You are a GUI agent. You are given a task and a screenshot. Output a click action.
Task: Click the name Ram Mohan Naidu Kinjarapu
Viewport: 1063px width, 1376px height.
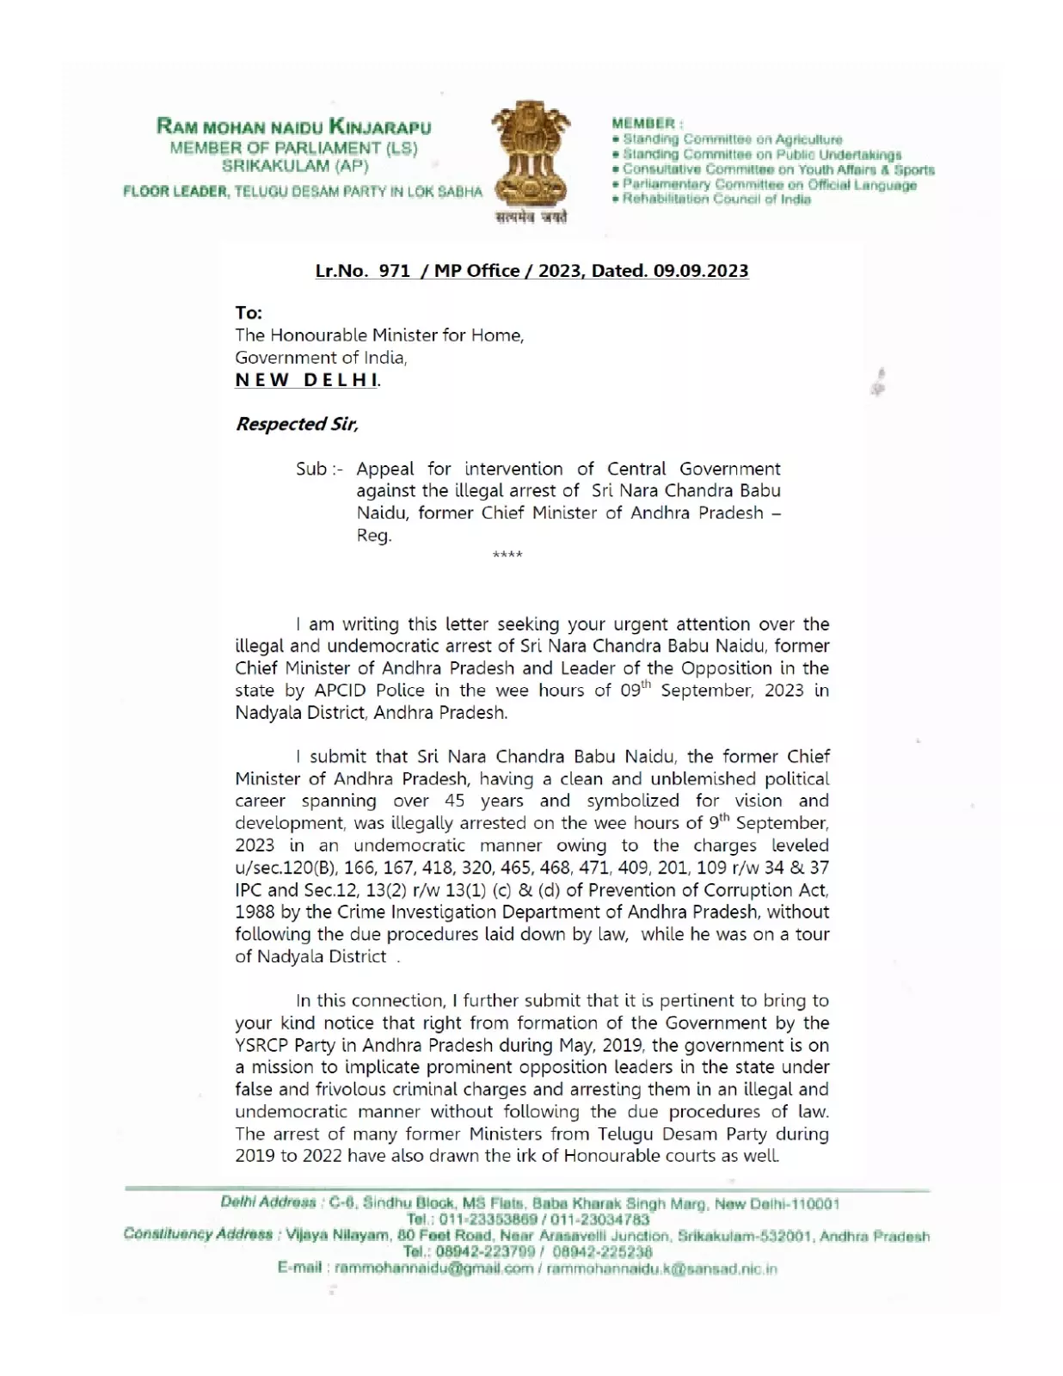293,126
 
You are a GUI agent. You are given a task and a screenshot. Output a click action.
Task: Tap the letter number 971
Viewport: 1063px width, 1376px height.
394,271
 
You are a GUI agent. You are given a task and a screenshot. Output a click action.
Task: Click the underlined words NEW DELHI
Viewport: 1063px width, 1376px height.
307,380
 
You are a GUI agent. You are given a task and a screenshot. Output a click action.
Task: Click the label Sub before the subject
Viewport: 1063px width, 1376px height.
311,469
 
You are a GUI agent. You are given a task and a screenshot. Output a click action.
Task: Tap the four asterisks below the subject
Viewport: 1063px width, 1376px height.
507,556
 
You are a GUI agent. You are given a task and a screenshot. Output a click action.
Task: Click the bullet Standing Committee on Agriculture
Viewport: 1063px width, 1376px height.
732,139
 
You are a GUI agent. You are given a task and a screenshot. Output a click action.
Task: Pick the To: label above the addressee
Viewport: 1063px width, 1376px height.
249,313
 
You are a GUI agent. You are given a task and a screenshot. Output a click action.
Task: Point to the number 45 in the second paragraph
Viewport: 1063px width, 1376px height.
455,801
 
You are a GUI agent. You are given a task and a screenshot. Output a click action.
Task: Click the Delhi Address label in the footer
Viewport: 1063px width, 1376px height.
267,1202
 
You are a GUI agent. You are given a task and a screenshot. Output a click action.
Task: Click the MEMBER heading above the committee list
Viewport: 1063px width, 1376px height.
643,124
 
